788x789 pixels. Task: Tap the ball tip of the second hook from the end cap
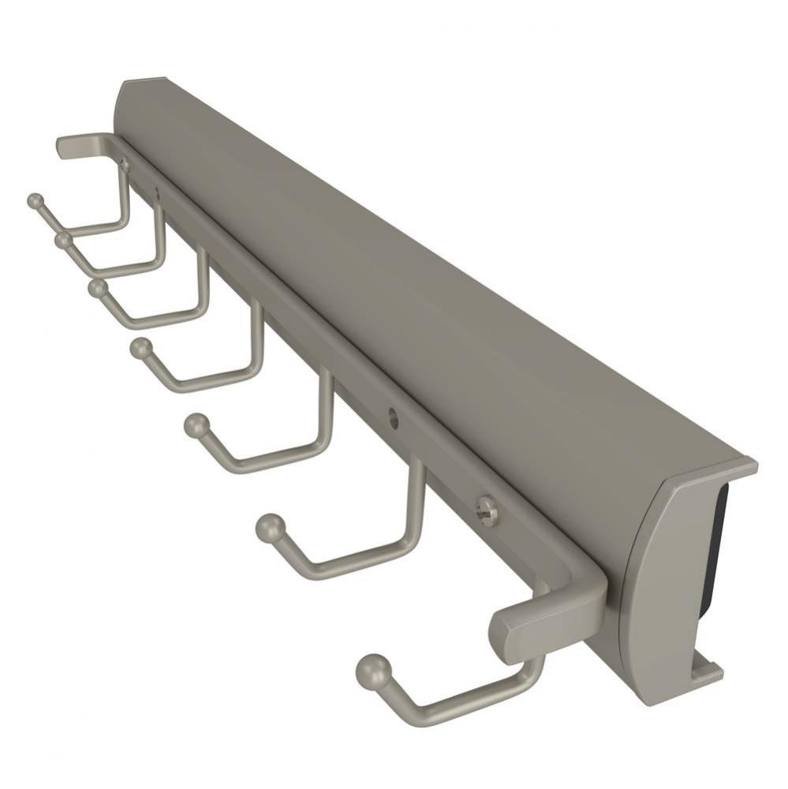pyautogui.click(x=269, y=528)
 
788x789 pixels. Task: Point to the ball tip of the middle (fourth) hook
pyautogui.click(x=141, y=347)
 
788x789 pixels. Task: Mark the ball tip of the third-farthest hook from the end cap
pyautogui.click(x=98, y=288)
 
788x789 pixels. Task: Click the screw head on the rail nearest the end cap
pyautogui.click(x=487, y=510)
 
